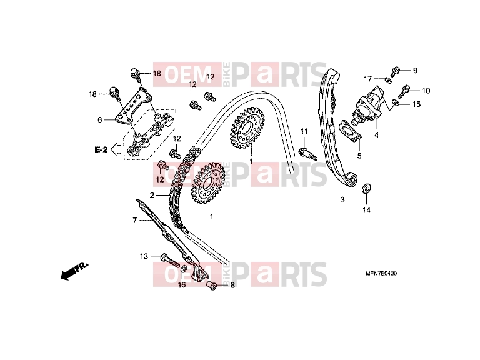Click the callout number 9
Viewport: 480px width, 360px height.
415,71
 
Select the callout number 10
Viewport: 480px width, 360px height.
426,91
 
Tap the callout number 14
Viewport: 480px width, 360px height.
366,210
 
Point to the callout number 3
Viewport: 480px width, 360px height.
342,199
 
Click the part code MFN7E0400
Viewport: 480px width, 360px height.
381,273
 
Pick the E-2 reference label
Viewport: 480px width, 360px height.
101,150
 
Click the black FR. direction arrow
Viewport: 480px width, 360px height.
74,270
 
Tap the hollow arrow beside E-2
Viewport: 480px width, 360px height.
116,149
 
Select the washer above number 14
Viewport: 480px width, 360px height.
367,189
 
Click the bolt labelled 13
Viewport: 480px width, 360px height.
170,260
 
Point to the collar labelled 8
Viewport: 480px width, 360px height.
212,286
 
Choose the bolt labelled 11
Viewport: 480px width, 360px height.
307,153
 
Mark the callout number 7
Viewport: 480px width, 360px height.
135,221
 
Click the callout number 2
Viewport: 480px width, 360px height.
152,195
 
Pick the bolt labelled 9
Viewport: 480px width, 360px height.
396,72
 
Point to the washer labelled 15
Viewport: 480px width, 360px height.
395,102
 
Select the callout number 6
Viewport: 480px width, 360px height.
99,120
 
